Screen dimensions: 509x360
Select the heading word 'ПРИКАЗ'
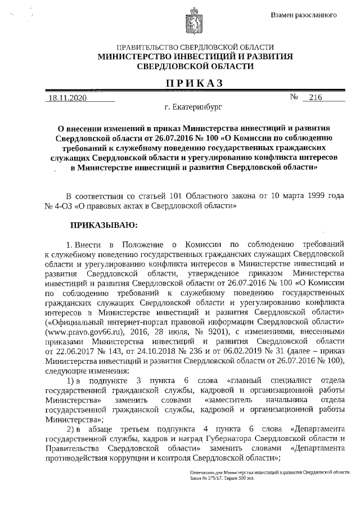point(195,83)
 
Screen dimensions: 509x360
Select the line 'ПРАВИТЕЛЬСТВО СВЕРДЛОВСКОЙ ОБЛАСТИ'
point(195,47)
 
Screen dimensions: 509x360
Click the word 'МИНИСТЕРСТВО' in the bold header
point(138,56)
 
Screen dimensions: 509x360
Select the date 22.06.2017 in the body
point(71,352)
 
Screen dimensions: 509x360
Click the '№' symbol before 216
point(294,97)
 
